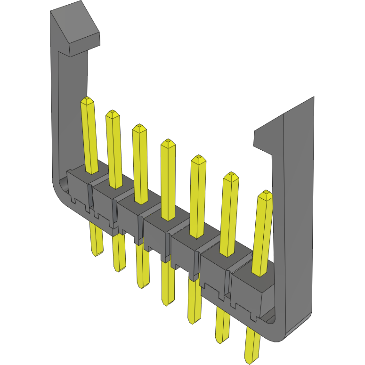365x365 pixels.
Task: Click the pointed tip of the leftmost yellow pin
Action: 87,100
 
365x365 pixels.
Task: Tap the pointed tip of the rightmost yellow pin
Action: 266,194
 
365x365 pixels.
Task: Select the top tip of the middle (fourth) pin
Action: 168,142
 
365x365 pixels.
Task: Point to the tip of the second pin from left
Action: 112,113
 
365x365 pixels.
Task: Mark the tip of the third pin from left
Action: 139,127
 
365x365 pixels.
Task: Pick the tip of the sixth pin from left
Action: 230,175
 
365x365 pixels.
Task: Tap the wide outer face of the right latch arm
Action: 298,212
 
